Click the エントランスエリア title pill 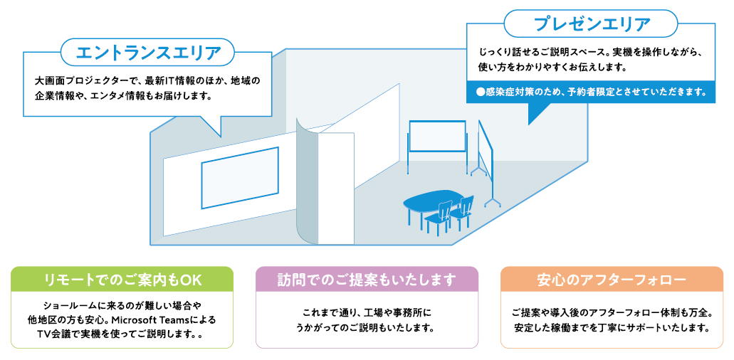click(x=147, y=52)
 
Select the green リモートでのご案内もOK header click(x=122, y=280)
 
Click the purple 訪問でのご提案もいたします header click(x=367, y=280)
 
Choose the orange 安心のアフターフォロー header click(x=612, y=280)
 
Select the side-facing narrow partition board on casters click(x=486, y=162)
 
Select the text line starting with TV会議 click(x=122, y=335)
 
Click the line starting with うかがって click(x=367, y=327)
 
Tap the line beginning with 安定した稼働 click(x=612, y=327)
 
